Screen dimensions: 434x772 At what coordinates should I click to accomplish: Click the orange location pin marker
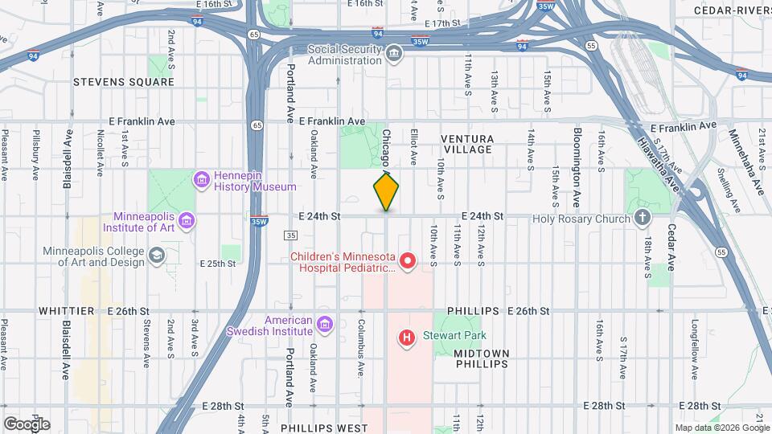pos(386,191)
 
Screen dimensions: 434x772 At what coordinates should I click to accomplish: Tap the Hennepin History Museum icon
pos(202,178)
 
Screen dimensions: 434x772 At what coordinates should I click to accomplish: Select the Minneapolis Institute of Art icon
pos(187,220)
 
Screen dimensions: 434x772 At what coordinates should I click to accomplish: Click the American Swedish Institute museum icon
pos(324,324)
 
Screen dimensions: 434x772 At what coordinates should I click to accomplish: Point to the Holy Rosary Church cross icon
pos(642,216)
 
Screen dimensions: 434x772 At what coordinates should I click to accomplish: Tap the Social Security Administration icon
pos(394,54)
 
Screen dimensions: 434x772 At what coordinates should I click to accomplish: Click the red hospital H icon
pos(407,338)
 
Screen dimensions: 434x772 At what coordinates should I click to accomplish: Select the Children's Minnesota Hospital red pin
pos(408,260)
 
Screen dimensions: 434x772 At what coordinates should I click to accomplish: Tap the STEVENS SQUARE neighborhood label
pos(123,82)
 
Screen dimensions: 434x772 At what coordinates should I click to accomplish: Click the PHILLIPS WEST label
pos(324,428)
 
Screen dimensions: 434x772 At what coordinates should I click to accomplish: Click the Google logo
pos(26,424)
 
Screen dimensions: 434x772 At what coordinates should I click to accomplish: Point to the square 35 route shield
pos(290,235)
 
